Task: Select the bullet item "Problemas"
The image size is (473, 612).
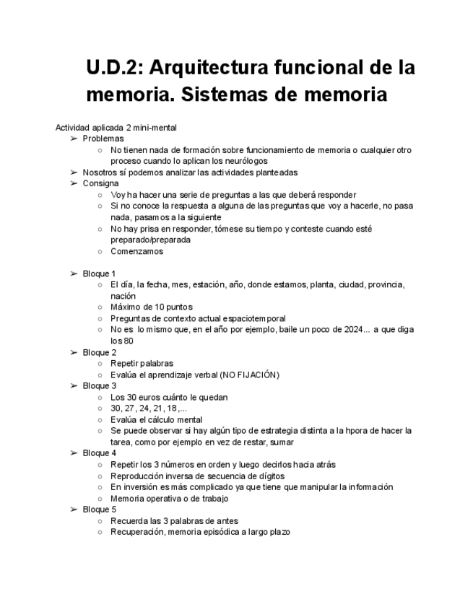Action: tap(103, 138)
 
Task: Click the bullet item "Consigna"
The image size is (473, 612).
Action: tap(100, 183)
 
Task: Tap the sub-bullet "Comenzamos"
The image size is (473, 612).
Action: tap(136, 251)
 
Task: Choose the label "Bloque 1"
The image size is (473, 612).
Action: tap(99, 274)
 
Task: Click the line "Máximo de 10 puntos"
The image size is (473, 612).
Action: tap(151, 307)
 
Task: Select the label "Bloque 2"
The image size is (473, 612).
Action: tap(99, 352)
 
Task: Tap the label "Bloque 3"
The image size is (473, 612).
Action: tap(99, 385)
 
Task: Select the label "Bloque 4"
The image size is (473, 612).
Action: tap(99, 453)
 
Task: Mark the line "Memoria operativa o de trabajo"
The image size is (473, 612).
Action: tap(169, 498)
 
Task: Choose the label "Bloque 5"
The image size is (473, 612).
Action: tap(99, 509)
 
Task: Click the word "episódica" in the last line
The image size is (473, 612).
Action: tap(220, 532)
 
